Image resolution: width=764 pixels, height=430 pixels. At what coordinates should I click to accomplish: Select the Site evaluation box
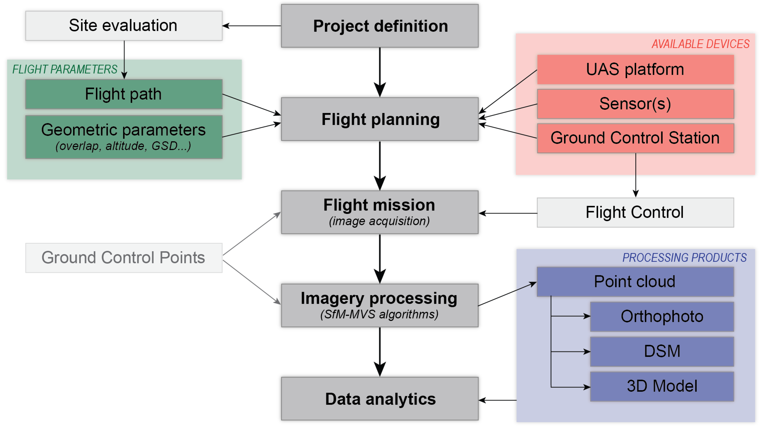(124, 26)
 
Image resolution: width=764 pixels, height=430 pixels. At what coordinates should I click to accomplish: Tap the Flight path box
(124, 94)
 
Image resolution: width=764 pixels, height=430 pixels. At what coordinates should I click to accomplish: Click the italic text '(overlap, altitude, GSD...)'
(123, 146)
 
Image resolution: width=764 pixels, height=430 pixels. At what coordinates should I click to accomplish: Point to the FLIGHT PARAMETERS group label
(65, 69)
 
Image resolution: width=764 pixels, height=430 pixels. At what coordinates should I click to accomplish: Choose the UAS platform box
(635, 70)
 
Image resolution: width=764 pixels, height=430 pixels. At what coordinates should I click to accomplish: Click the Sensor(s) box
(635, 104)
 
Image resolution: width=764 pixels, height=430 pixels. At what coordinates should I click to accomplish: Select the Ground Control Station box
(635, 138)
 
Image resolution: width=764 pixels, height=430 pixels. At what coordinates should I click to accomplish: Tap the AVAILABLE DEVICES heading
(700, 44)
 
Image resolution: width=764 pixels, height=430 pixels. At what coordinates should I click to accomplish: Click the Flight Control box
(635, 213)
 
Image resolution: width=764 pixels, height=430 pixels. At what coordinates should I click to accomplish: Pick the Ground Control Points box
(124, 258)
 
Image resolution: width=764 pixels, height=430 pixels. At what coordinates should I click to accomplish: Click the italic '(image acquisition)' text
(379, 221)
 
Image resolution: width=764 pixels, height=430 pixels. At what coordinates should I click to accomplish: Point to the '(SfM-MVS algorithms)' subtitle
(379, 314)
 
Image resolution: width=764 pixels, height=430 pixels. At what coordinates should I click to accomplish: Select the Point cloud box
(635, 282)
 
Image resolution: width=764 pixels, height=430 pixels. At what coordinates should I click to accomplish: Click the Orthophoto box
(662, 317)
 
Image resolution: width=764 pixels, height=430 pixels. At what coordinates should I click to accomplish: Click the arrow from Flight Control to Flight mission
(508, 213)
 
